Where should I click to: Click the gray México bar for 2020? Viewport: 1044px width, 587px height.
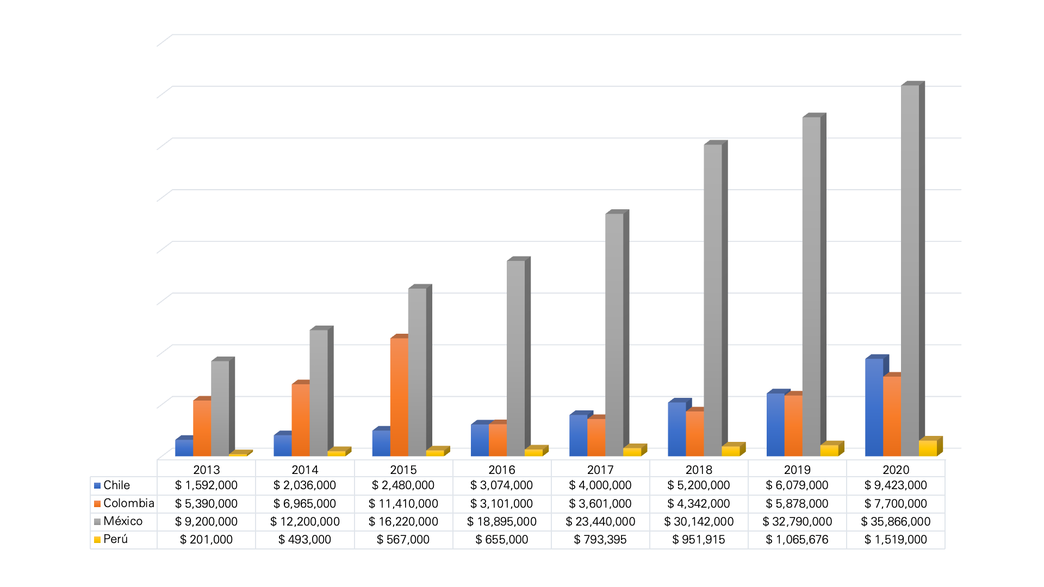910,272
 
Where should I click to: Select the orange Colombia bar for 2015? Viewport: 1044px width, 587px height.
399,397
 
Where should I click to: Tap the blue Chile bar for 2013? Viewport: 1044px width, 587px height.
184,448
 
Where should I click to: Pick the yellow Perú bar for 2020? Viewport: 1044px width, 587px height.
928,448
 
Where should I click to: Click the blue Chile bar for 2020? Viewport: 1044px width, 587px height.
874,408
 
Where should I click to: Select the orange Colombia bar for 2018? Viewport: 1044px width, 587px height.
694,433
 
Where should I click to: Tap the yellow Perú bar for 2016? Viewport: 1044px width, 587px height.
533,452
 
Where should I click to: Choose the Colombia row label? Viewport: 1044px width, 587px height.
128,503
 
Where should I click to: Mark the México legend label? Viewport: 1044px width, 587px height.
123,521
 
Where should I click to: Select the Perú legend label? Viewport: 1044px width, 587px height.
115,539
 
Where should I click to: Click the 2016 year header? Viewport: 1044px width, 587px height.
501,470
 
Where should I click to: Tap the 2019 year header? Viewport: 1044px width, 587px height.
797,470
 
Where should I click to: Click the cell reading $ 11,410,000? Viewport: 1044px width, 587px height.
403,504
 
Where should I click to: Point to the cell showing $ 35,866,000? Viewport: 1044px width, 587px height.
896,522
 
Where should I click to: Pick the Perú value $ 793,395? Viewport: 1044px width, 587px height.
600,540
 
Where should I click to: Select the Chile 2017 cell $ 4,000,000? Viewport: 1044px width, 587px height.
600,485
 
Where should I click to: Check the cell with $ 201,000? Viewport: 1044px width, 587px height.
206,540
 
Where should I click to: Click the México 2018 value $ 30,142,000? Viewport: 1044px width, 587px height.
699,522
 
